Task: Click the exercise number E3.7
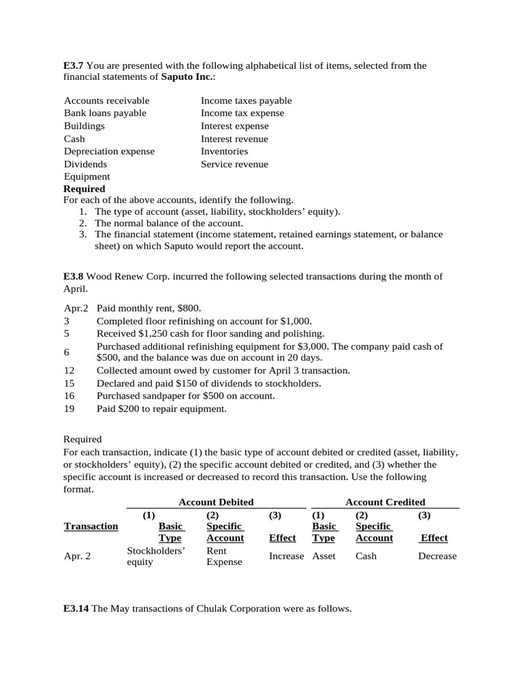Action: [74, 65]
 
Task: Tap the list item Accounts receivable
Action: [106, 100]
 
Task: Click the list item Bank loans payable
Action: [105, 113]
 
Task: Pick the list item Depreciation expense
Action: [109, 151]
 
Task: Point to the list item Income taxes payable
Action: [246, 100]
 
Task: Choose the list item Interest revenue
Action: [234, 138]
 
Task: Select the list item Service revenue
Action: [234, 164]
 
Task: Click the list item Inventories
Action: [224, 151]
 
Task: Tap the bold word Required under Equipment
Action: [84, 189]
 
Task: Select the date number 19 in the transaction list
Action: [69, 409]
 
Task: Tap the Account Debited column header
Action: [215, 502]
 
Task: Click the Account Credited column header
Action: [385, 502]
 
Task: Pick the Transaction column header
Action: [91, 526]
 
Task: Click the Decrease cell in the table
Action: [437, 556]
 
